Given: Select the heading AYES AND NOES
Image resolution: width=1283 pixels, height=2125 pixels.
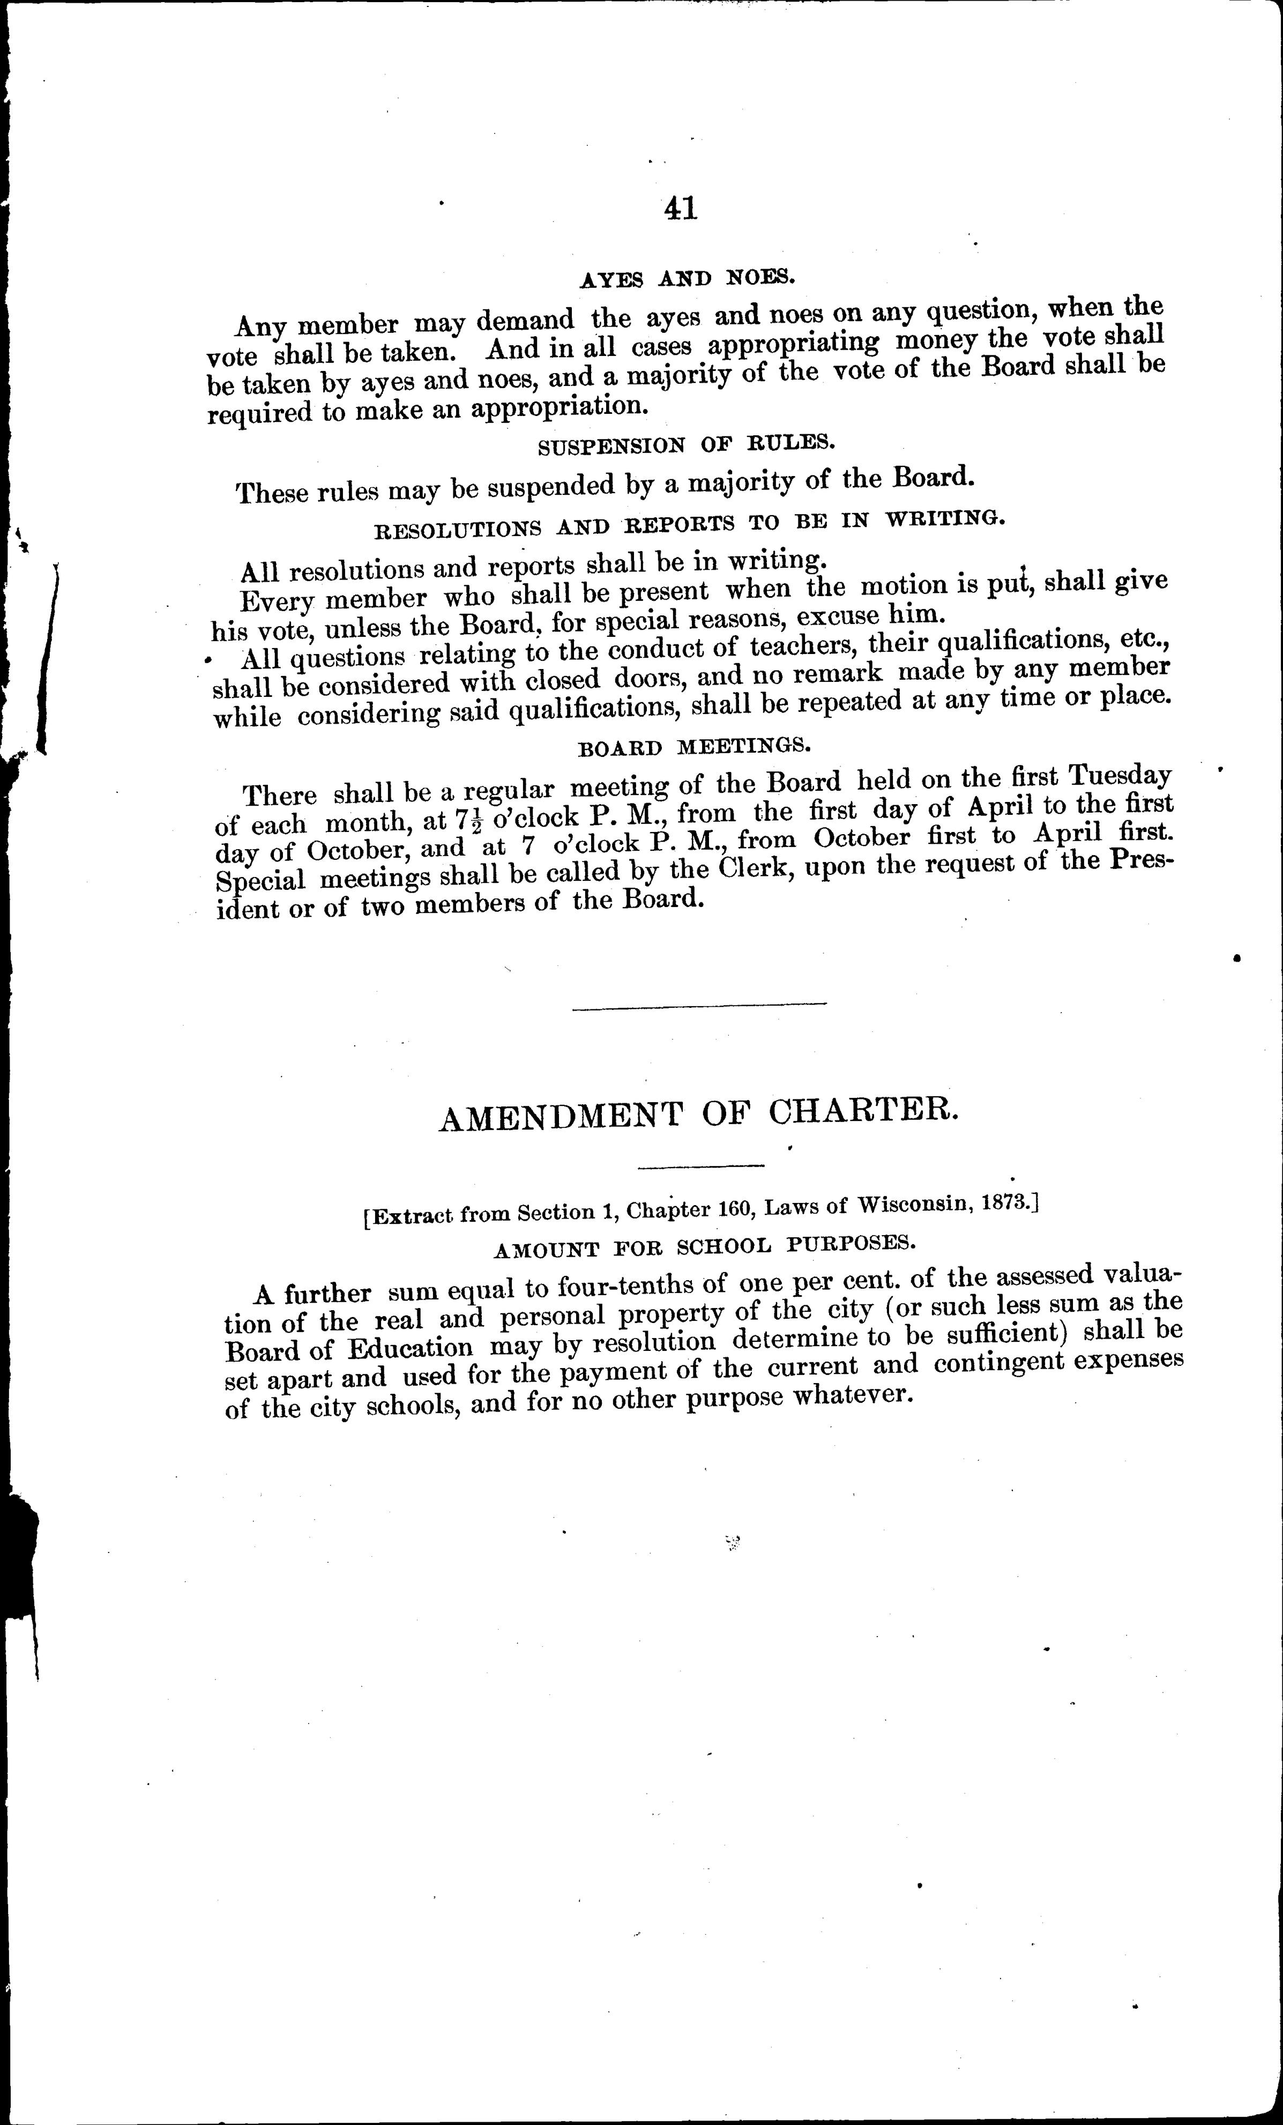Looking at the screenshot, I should tap(687, 279).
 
